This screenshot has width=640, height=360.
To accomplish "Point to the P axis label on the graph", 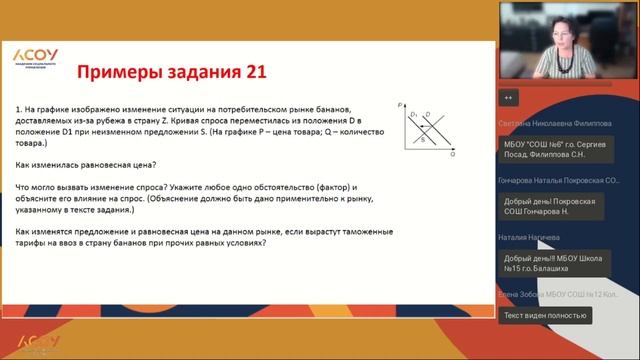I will click(399, 105).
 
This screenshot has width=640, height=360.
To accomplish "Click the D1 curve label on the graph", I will click(413, 116).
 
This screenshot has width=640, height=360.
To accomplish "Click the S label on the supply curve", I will click(421, 141).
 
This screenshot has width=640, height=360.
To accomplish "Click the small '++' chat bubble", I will click(509, 98).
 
